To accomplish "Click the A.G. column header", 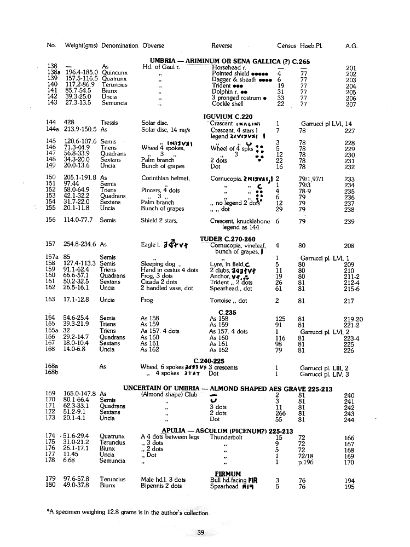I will pos(351,46).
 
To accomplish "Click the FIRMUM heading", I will pos(228,474).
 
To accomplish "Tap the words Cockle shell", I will pos(228,103).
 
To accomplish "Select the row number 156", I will pos(51,220).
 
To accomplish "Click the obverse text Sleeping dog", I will pos(158,264).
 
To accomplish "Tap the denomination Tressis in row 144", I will pos(109,123).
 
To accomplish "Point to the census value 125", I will pos(280,318).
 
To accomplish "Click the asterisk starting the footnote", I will pos(49,513).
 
